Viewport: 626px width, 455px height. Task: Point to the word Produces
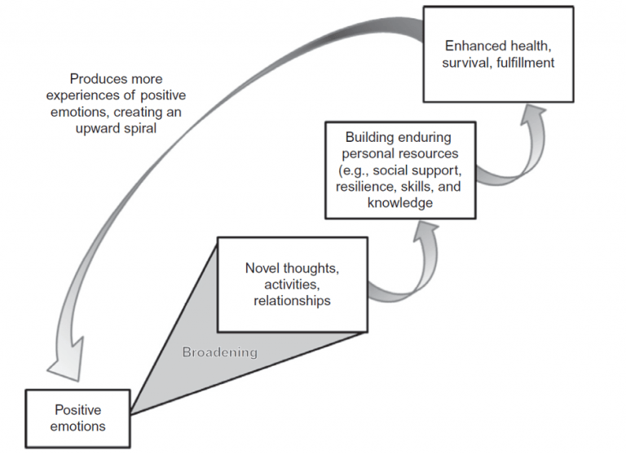point(97,79)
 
